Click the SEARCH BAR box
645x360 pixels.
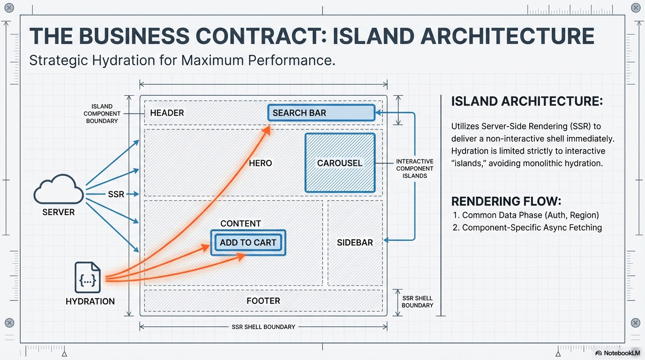click(x=321, y=113)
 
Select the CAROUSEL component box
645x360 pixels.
click(x=340, y=163)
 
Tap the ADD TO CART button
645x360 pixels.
click(x=248, y=242)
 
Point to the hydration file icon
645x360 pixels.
click(x=88, y=277)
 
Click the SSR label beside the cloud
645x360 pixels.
click(x=116, y=194)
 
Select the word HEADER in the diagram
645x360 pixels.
click(x=167, y=113)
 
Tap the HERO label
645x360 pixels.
click(x=260, y=163)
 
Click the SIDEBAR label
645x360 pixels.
click(x=355, y=242)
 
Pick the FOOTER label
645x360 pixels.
click(x=263, y=301)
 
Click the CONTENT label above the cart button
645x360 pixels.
click(x=240, y=224)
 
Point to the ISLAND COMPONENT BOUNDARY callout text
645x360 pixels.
click(x=102, y=113)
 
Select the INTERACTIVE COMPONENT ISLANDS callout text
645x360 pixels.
click(x=414, y=168)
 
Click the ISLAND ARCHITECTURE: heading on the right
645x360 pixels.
click(x=526, y=101)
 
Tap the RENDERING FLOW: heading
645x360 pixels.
click(x=506, y=202)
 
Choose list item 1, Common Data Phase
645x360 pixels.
click(x=526, y=215)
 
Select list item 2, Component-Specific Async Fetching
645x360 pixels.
click(x=527, y=228)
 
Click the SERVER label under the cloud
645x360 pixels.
click(x=59, y=212)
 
